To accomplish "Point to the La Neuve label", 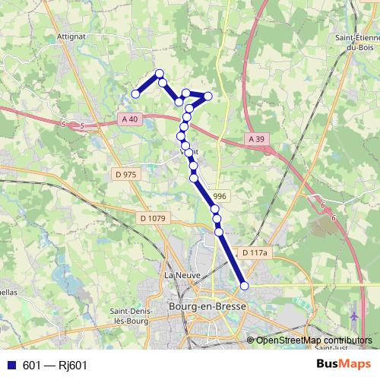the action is click(181, 274).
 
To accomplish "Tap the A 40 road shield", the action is click(129, 119).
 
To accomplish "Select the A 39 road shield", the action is click(256, 139).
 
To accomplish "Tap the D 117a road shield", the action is click(254, 252).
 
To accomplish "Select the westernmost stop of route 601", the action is click(136, 93).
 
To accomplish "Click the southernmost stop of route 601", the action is click(245, 286).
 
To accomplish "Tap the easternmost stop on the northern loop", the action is click(207, 96).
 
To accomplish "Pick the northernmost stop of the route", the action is click(160, 74).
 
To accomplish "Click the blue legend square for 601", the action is click(11, 365).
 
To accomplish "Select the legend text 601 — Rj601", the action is click(55, 365).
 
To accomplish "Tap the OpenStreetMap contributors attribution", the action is click(313, 340).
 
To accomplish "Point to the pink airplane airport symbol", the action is click(355, 314).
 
